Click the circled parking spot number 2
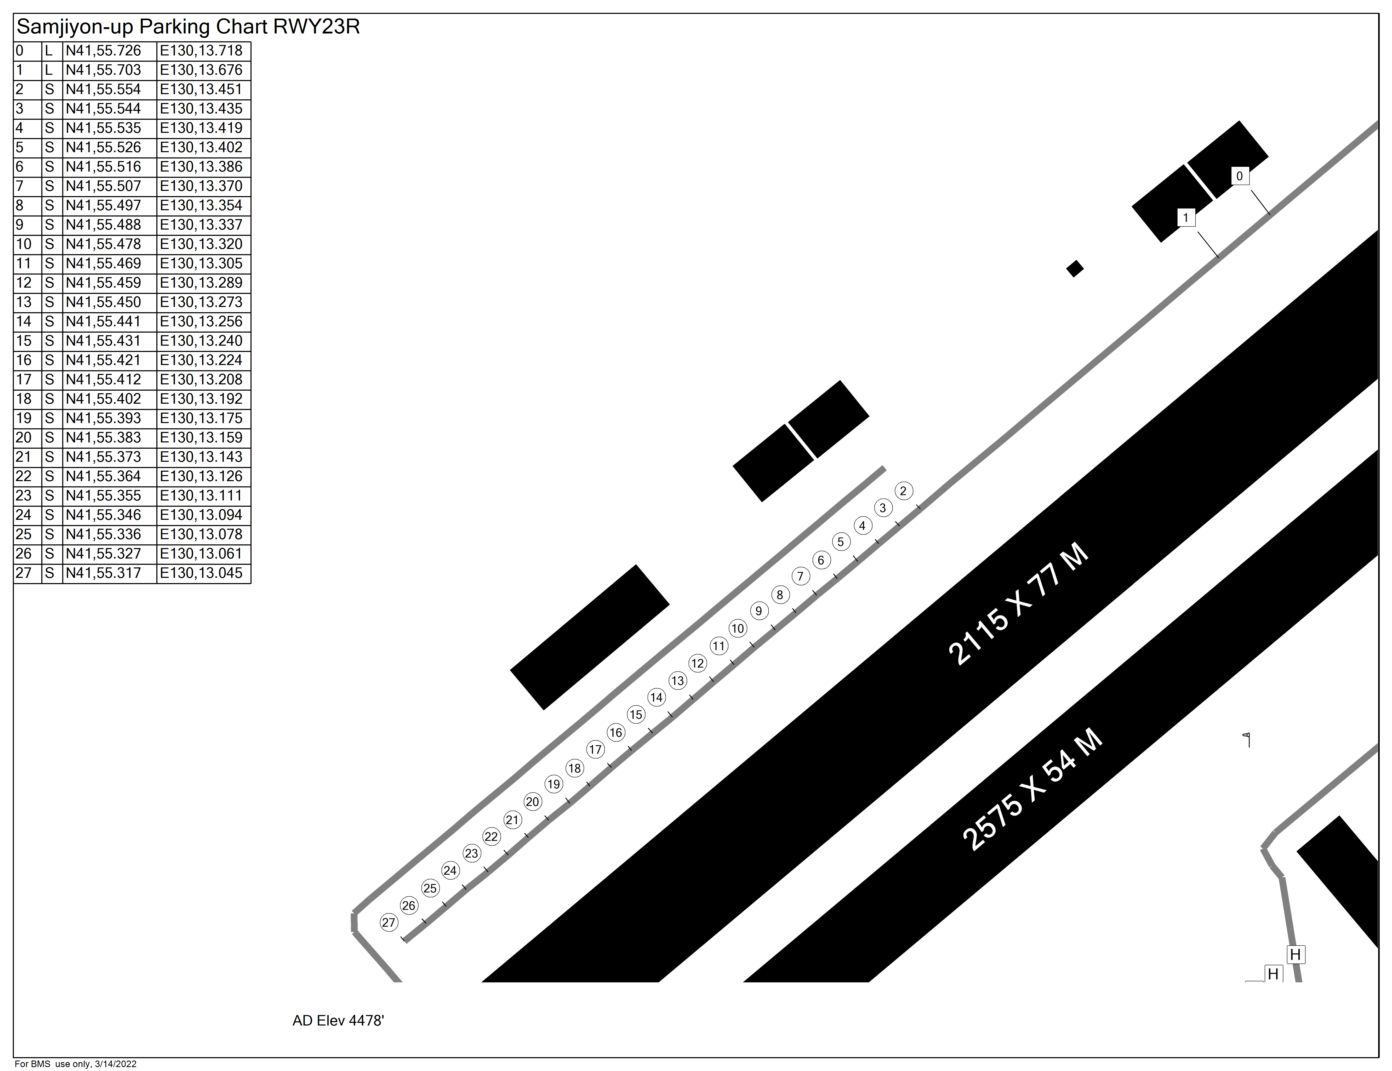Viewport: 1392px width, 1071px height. [903, 491]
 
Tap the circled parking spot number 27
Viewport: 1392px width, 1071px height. [389, 922]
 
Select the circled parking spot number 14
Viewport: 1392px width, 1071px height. [657, 697]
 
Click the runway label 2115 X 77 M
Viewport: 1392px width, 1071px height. [1018, 604]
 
